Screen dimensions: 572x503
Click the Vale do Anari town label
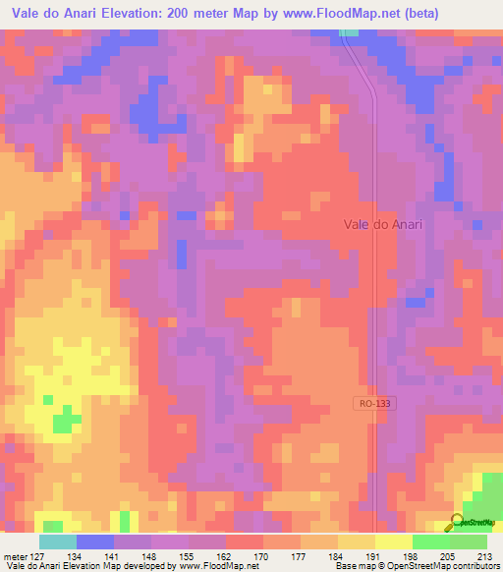[383, 224]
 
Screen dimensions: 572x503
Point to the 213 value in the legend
[483, 555]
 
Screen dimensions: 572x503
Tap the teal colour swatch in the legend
[58, 542]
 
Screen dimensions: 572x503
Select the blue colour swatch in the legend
[95, 542]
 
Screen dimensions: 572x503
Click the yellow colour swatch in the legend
[394, 542]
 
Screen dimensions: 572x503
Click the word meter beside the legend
[15, 555]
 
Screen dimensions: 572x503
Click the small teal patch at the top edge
[349, 32]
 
